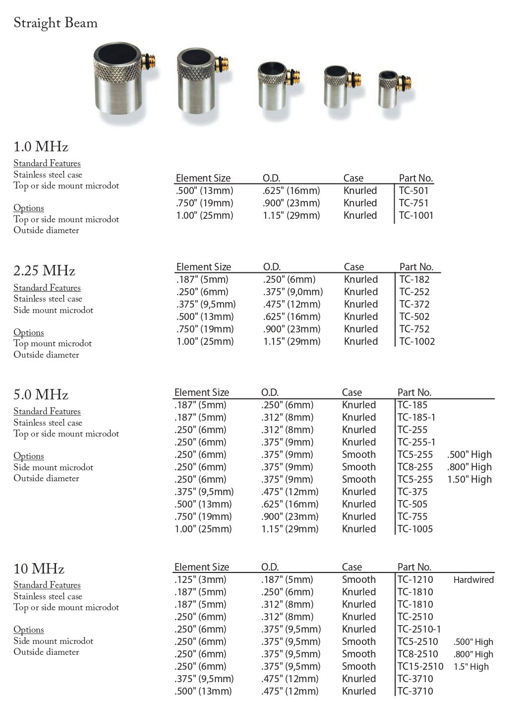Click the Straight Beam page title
click(56, 23)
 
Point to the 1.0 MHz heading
click(41, 147)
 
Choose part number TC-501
click(414, 191)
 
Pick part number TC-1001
click(416, 215)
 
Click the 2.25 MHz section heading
click(44, 271)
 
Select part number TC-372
click(414, 304)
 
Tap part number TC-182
click(414, 279)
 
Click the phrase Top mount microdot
click(53, 343)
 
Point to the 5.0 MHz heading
click(41, 395)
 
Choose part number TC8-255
click(415, 467)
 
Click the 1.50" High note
click(469, 479)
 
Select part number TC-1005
click(415, 529)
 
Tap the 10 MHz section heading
click(39, 569)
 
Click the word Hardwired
click(473, 579)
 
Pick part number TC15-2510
click(420, 666)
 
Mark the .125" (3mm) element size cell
click(200, 579)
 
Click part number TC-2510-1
click(419, 629)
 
